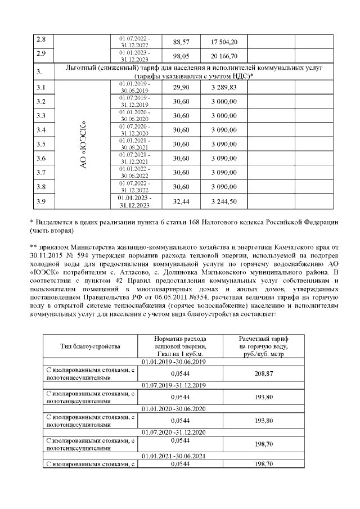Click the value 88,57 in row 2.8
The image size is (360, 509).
tap(181, 42)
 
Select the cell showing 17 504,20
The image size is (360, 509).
tap(224, 42)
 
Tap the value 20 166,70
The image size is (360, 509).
tap(224, 57)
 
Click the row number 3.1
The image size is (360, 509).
tap(40, 87)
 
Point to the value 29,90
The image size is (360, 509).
tap(181, 87)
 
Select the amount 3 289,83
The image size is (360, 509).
tap(224, 87)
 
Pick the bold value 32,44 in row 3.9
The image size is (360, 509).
tap(181, 201)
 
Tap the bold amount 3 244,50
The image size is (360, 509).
tap(224, 201)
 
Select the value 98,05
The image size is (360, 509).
tap(181, 57)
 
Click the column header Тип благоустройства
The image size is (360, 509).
tap(90, 346)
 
